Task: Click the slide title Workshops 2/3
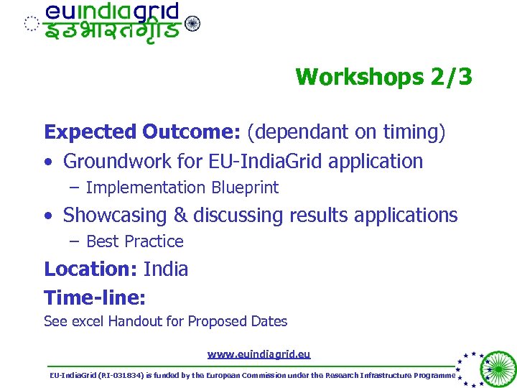click(x=383, y=76)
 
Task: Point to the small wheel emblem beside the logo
click(x=192, y=24)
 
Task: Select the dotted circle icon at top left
click(x=31, y=24)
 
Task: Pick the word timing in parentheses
click(x=411, y=132)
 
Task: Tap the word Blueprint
click(x=245, y=188)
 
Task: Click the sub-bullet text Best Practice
click(x=135, y=241)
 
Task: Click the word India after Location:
click(x=166, y=269)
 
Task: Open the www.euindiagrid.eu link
click(x=258, y=354)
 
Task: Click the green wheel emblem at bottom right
click(x=498, y=369)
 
